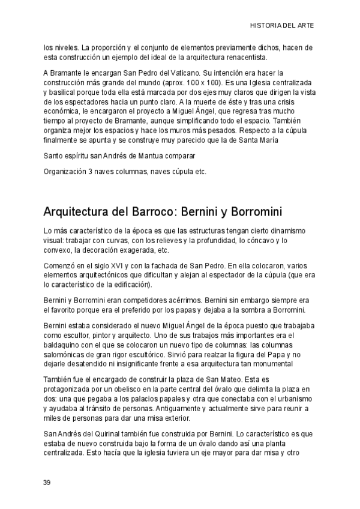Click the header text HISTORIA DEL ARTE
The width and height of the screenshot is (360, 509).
pos(281,26)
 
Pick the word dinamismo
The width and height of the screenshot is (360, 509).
pos(284,230)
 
